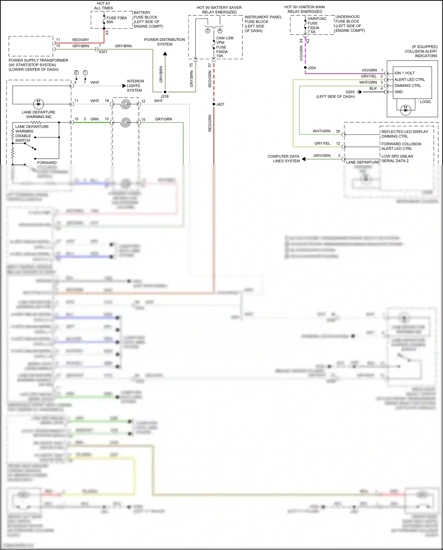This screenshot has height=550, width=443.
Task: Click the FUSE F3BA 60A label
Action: coord(116,20)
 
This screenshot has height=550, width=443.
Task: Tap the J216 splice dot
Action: coord(165,92)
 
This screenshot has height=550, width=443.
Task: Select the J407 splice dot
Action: coord(214,104)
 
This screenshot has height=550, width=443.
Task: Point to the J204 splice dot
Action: coord(305,68)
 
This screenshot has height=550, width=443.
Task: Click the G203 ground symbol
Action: coord(359,92)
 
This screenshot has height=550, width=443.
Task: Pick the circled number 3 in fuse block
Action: coord(208,31)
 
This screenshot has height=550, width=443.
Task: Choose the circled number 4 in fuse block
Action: coord(220,31)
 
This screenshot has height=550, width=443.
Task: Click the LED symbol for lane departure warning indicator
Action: coord(38,104)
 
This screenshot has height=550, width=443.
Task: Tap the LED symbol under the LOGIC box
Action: coord(405,110)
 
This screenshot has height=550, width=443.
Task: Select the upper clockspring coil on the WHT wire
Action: coord(126,104)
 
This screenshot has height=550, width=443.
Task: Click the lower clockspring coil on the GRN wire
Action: coord(126,122)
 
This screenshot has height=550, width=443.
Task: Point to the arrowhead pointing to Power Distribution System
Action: coord(165,54)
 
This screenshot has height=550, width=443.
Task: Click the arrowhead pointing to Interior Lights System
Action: coord(124,86)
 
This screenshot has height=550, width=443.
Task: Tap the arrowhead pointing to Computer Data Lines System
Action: coord(304,159)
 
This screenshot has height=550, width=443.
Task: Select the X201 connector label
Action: coord(103,52)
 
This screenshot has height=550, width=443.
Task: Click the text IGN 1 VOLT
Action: coord(404,73)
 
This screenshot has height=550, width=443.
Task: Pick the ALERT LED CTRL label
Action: coord(409,80)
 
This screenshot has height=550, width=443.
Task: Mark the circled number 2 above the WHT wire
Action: coord(76,72)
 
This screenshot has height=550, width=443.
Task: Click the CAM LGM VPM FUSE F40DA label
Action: coord(224,47)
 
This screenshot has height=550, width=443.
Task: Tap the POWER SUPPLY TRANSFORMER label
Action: coord(38,60)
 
